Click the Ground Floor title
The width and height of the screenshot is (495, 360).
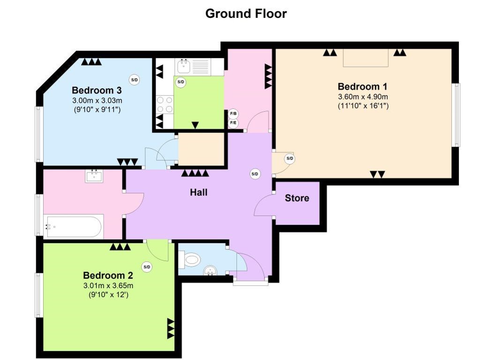click(246, 14)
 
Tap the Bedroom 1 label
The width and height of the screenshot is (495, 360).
click(362, 87)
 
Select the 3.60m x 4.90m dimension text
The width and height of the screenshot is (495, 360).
click(363, 97)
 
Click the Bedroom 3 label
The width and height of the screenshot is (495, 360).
click(97, 90)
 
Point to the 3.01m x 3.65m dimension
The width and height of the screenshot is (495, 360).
click(108, 286)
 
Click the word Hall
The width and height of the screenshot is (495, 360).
click(199, 192)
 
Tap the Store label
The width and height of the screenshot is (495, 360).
click(297, 198)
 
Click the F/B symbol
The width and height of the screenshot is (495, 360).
click(233, 114)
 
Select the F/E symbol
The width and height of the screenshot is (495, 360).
click(233, 123)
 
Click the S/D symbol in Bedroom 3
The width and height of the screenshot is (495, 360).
click(135, 80)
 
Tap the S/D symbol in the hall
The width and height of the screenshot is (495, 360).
click(255, 174)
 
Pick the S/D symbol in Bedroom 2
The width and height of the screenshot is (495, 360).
click(147, 267)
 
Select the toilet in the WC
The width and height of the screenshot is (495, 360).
click(189, 260)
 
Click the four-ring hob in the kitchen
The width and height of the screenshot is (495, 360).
click(165, 105)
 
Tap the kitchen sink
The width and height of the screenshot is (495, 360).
click(183, 67)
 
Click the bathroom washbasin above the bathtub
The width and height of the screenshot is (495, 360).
click(94, 176)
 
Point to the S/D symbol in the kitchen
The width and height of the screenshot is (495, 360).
click(180, 82)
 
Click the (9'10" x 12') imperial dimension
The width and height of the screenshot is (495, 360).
click(108, 295)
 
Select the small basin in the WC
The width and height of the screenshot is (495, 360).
click(210, 270)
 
